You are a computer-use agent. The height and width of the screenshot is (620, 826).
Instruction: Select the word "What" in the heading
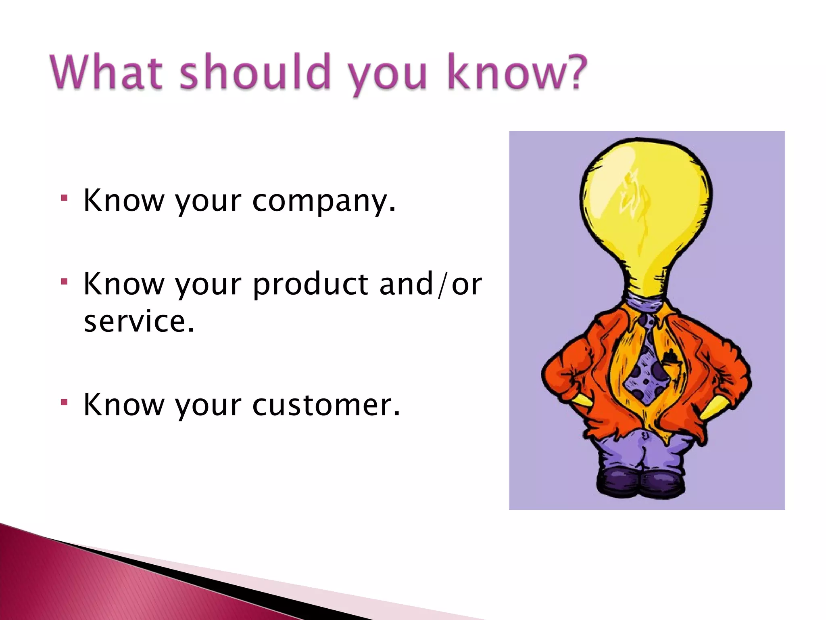point(107,73)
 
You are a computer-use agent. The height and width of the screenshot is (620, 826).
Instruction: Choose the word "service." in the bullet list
point(139,322)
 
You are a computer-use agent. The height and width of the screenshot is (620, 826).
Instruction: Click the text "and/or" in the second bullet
point(430,284)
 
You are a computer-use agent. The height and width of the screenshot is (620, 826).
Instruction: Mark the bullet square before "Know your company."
point(64,198)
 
